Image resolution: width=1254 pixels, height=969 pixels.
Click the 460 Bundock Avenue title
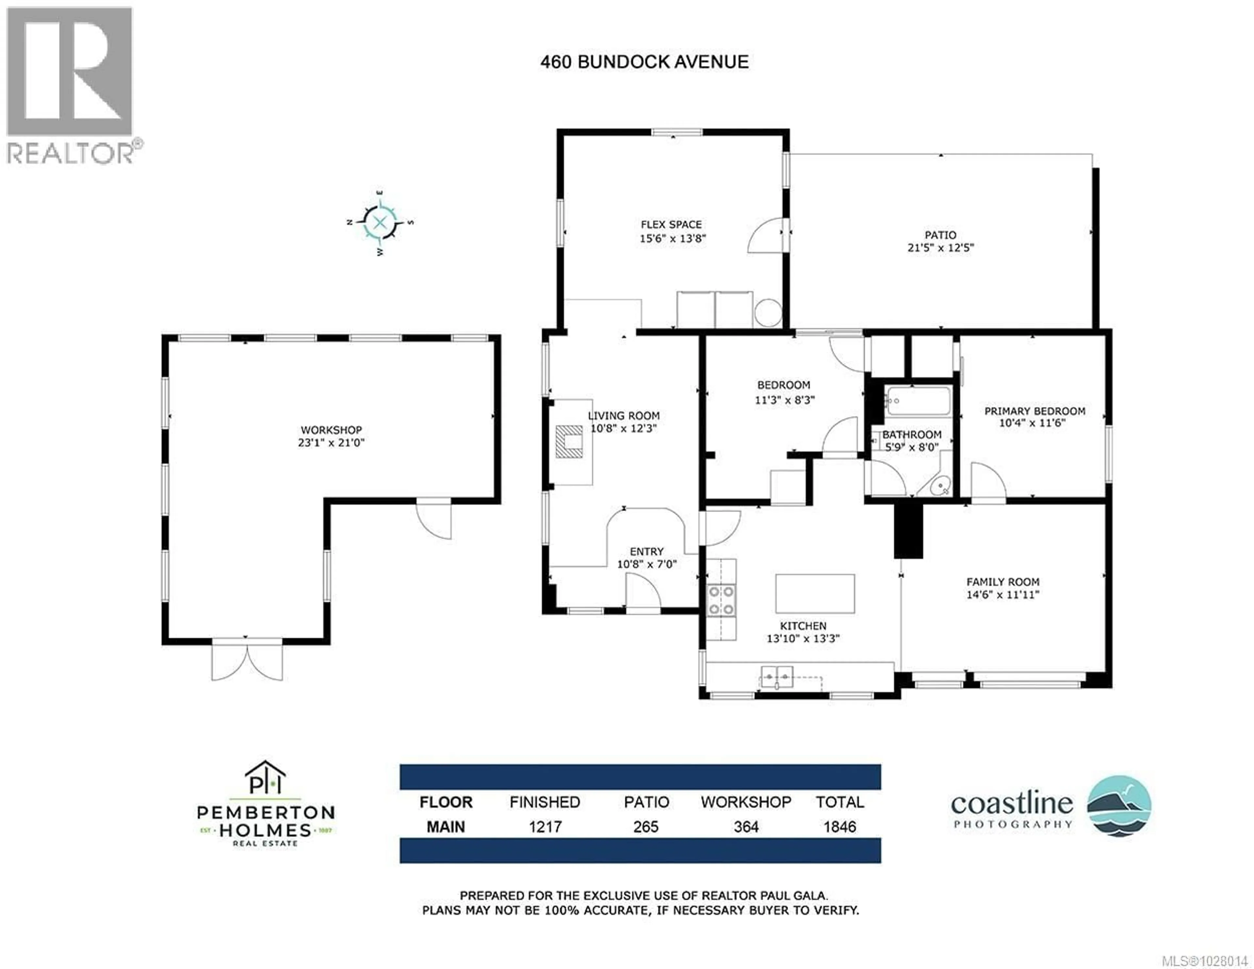point(644,62)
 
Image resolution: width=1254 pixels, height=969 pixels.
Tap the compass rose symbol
point(379,222)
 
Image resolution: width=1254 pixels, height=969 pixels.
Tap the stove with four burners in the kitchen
point(721,600)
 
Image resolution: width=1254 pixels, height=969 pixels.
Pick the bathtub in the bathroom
point(918,401)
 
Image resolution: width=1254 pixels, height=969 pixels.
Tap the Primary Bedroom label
point(1034,411)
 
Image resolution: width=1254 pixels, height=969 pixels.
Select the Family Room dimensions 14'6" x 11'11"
point(1003,595)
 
